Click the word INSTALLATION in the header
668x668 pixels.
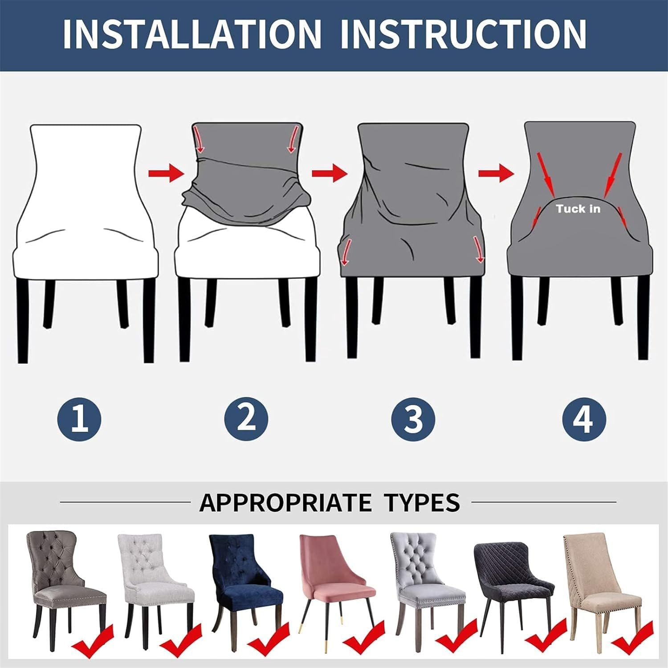(192, 34)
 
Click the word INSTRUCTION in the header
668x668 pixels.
(463, 34)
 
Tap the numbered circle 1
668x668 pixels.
(79, 419)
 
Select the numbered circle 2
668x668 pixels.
(246, 419)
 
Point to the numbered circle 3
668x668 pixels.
(413, 419)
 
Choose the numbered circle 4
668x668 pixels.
(583, 419)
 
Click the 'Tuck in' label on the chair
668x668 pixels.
(578, 208)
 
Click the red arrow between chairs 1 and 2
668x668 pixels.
(166, 173)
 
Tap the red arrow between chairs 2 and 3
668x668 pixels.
(330, 172)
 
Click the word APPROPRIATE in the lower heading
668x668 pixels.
(285, 503)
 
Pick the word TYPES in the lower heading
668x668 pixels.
(422, 503)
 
